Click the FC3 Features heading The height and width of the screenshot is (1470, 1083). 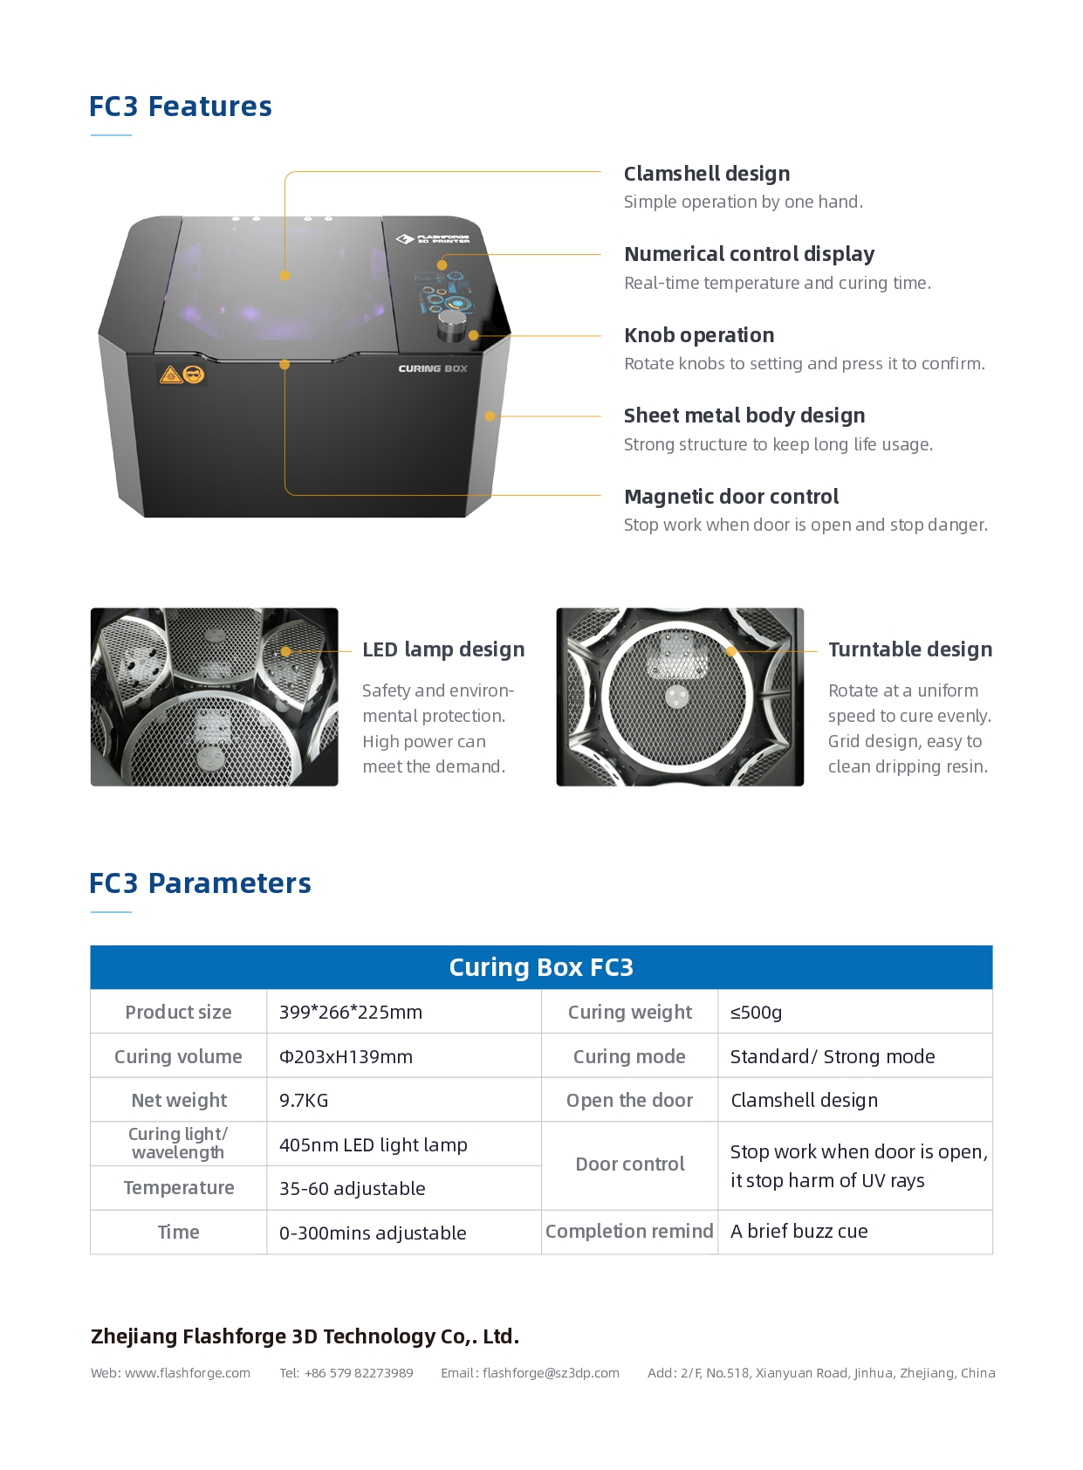tap(181, 106)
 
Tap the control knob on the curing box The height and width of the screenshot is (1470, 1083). tap(451, 326)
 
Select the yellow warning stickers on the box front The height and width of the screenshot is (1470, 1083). tap(182, 374)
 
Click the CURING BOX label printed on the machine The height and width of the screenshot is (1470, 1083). tap(433, 368)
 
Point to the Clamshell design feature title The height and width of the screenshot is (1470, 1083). tap(707, 174)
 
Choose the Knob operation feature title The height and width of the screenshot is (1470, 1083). tap(699, 335)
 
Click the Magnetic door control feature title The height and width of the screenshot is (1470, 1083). tap(731, 497)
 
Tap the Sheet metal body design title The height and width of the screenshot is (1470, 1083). tap(744, 416)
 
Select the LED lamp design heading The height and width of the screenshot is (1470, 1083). tap(443, 649)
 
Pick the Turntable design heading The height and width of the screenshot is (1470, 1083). tap(910, 649)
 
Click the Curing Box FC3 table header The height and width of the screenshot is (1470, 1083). tap(541, 967)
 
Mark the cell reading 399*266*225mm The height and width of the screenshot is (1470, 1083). tap(351, 1013)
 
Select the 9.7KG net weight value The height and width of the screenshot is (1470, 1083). tap(304, 1101)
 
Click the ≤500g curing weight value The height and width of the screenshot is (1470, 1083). tap(756, 1013)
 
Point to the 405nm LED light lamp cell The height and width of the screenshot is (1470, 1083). tap(374, 1144)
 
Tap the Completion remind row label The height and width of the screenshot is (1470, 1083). tap(629, 1232)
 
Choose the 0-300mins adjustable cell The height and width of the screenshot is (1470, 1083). tap(373, 1233)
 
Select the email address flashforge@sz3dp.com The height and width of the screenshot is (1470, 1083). tap(551, 1373)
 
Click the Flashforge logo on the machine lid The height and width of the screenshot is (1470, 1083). tap(434, 238)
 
